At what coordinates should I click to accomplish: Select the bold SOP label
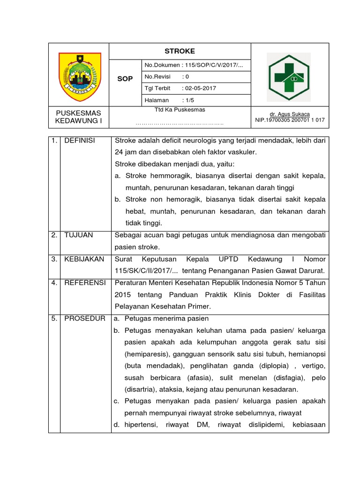[125, 79]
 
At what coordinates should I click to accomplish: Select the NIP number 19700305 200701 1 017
[290, 120]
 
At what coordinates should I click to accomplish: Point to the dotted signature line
[180, 123]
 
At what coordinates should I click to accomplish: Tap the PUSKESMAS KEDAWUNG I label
[79, 117]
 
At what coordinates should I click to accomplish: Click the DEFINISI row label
[80, 141]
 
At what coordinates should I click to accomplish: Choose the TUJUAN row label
[79, 235]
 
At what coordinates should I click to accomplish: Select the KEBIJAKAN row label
[84, 259]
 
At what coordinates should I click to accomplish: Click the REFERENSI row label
[85, 283]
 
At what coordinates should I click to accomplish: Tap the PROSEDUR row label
[85, 318]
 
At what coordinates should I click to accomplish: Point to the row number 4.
[54, 283]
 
